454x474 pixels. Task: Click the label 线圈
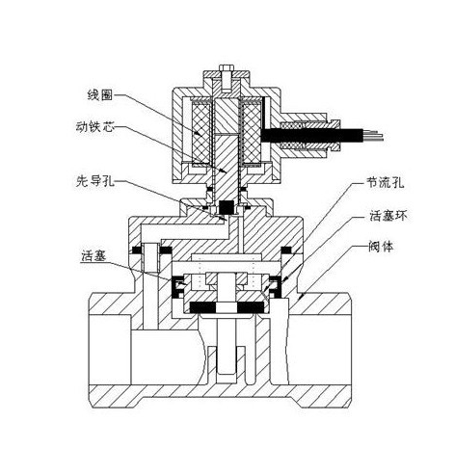(100, 95)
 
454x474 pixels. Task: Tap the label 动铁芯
(94, 127)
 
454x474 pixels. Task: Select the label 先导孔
(95, 182)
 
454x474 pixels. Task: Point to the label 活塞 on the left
(93, 256)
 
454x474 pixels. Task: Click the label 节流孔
(386, 183)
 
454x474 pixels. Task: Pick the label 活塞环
(388, 216)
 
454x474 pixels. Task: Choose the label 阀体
(381, 247)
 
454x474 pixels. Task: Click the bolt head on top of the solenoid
(227, 68)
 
